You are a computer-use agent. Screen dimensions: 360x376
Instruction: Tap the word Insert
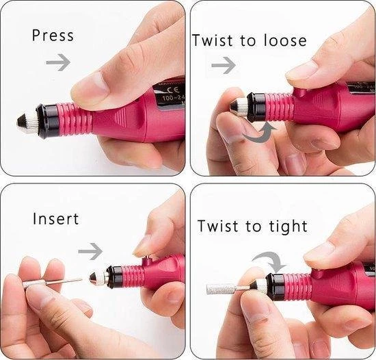56,219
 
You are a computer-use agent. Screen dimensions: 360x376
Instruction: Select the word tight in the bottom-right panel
286,225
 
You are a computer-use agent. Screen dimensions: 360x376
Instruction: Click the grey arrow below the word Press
57,63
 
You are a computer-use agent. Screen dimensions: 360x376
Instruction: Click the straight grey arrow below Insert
90,252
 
